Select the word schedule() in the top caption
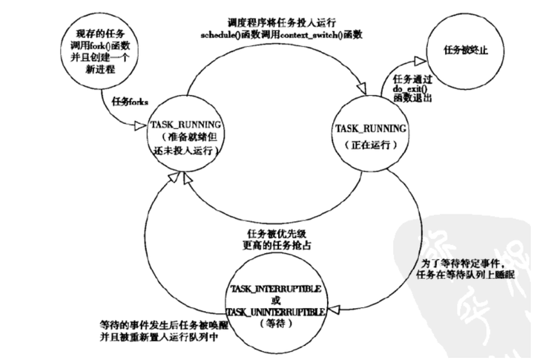(x=222, y=35)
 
